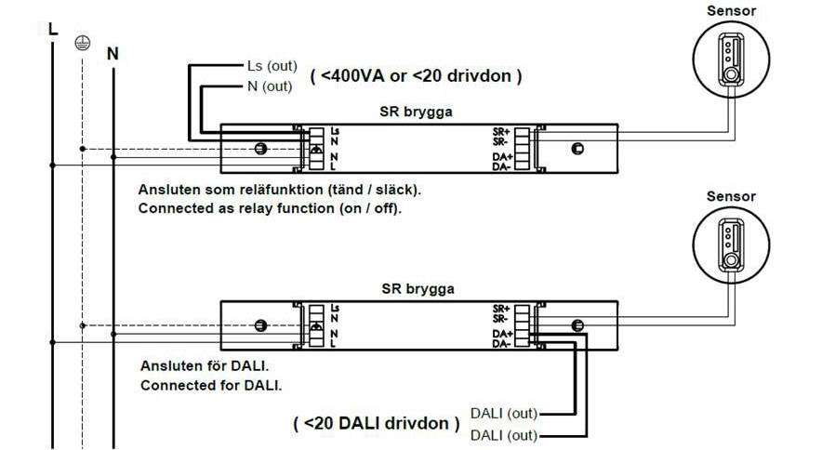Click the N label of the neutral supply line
(x=113, y=53)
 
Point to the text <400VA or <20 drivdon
(x=416, y=75)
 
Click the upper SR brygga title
(x=416, y=112)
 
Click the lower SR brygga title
(x=416, y=288)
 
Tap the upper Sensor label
(x=732, y=11)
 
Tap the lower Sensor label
(x=732, y=196)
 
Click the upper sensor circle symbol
(x=732, y=59)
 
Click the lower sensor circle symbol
(x=732, y=244)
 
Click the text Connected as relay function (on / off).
(x=270, y=208)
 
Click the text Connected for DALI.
(x=210, y=384)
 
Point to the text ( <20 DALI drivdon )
(x=377, y=423)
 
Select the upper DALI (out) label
(x=503, y=413)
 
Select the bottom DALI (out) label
(x=503, y=434)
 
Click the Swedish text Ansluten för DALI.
(x=202, y=365)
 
